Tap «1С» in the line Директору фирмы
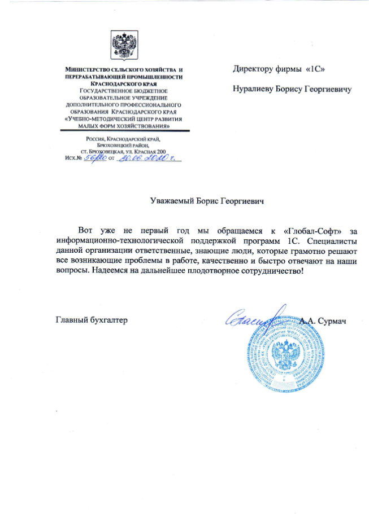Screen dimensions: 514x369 click(315, 69)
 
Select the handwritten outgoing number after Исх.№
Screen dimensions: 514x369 click(91, 158)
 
